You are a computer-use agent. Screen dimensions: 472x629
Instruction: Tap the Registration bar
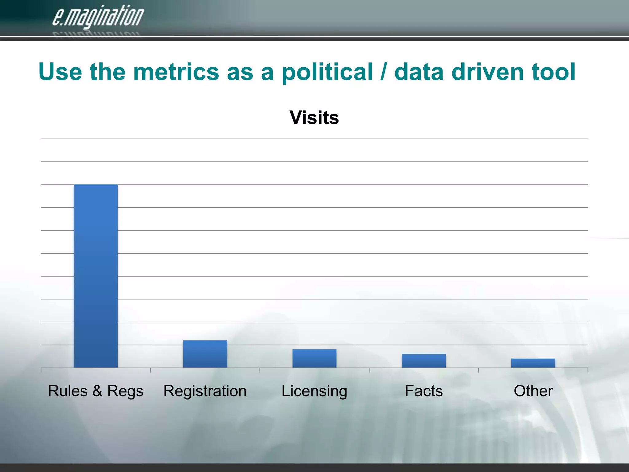pyautogui.click(x=205, y=354)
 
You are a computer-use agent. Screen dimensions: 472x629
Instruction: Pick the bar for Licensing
pyautogui.click(x=314, y=358)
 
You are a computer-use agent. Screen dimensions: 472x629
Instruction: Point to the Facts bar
pyautogui.click(x=424, y=361)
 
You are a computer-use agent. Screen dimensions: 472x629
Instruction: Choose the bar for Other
pyautogui.click(x=533, y=363)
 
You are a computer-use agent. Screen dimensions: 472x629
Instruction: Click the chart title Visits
pyautogui.click(x=314, y=117)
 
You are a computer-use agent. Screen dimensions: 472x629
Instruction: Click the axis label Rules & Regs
pyautogui.click(x=96, y=391)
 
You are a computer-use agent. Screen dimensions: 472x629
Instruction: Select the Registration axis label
pyautogui.click(x=205, y=391)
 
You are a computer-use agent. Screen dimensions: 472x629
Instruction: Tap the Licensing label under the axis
pyautogui.click(x=314, y=391)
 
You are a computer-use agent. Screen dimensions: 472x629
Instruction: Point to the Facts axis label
pyautogui.click(x=424, y=391)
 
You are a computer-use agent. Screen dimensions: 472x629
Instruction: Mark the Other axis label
pyautogui.click(x=533, y=391)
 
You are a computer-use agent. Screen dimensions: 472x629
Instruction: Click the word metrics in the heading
pyautogui.click(x=176, y=72)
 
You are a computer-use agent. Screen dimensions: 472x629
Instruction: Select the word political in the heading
pyautogui.click(x=327, y=73)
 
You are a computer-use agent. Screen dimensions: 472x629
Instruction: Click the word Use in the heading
pyautogui.click(x=60, y=72)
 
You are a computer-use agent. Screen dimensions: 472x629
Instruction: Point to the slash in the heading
pyautogui.click(x=383, y=72)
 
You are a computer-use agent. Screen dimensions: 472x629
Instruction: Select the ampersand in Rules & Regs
pyautogui.click(x=97, y=391)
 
